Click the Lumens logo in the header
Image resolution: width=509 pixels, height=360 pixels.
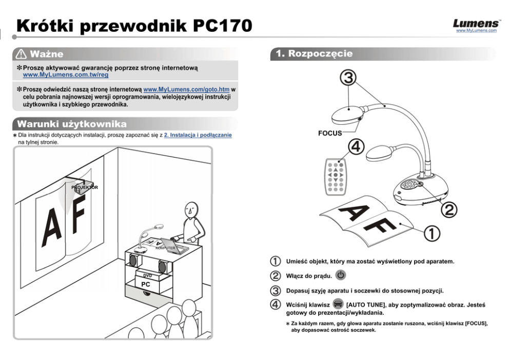(x=476, y=24)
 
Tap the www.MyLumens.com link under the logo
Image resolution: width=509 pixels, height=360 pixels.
(x=476, y=31)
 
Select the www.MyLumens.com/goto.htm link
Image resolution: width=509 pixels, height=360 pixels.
(x=186, y=89)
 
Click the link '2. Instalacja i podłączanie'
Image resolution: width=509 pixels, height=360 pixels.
(x=198, y=135)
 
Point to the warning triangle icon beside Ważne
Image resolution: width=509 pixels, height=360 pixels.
(x=22, y=54)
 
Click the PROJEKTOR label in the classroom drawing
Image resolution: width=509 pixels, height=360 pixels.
(x=85, y=187)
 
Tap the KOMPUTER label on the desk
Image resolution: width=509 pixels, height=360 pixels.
(x=165, y=248)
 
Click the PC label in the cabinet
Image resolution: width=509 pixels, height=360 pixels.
(x=146, y=284)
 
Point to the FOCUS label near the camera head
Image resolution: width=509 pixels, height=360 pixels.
(x=330, y=133)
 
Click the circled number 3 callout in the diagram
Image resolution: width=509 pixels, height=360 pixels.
(x=349, y=78)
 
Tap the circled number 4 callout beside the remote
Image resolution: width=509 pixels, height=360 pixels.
(x=356, y=147)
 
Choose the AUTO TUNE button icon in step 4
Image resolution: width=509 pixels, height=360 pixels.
(x=338, y=304)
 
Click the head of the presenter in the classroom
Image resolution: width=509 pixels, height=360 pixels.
(x=191, y=209)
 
